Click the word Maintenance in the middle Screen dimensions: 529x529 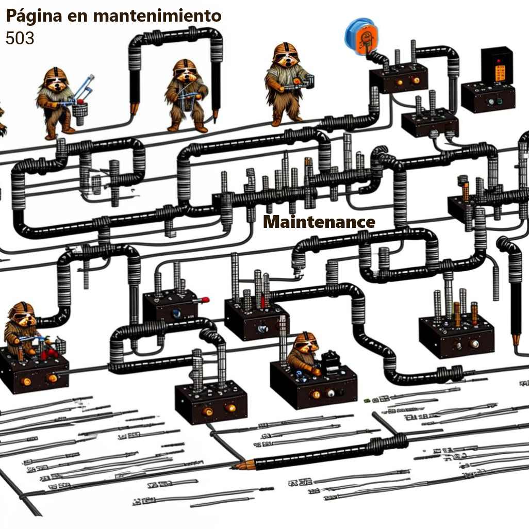click(x=319, y=222)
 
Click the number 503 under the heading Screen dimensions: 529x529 click(x=20, y=38)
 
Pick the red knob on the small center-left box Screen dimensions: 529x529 click(x=204, y=299)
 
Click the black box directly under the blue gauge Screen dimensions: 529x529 click(x=398, y=77)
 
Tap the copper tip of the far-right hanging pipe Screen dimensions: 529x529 click(x=516, y=339)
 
